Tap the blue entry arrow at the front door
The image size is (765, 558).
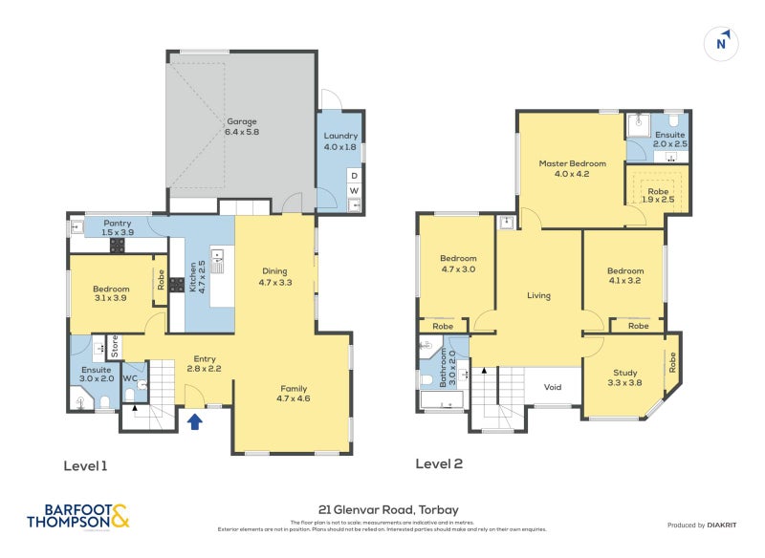[194, 420]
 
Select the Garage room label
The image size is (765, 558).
[242, 126]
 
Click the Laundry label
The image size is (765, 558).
[340, 141]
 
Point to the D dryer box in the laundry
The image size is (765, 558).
[354, 175]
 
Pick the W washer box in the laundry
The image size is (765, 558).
[354, 191]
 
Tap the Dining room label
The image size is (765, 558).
[276, 277]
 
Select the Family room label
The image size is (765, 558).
[294, 394]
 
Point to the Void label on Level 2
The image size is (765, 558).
[552, 387]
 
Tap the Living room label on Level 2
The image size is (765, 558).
[538, 295]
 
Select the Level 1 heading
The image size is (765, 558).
[85, 465]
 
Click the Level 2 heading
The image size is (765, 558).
[439, 464]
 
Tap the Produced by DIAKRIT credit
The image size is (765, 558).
[709, 525]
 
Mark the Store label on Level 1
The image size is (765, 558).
[113, 342]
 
